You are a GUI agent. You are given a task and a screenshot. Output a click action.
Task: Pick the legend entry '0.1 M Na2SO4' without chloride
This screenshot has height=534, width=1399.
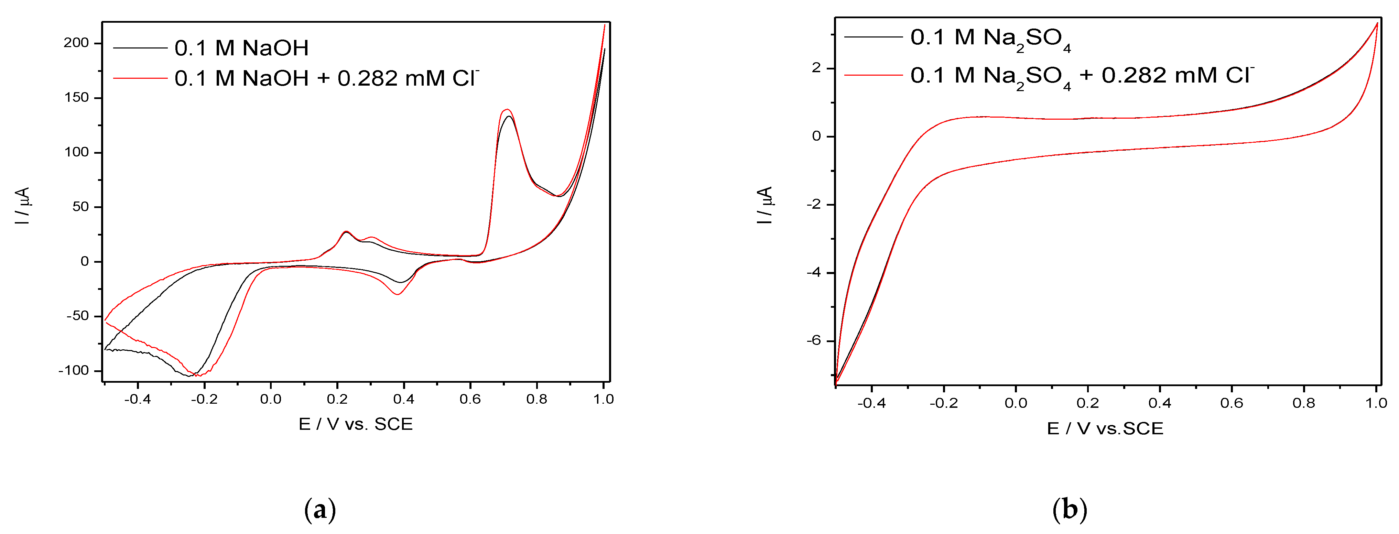click(990, 38)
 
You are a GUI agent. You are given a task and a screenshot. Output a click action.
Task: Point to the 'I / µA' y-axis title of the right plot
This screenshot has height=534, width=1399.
click(765, 205)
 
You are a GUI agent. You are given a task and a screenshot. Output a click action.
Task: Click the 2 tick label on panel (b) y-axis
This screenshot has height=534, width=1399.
click(816, 68)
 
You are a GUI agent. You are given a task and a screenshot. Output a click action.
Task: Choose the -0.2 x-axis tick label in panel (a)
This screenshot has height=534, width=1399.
click(204, 399)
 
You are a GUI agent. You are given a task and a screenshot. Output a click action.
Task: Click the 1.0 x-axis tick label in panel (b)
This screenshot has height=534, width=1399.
click(1376, 403)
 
